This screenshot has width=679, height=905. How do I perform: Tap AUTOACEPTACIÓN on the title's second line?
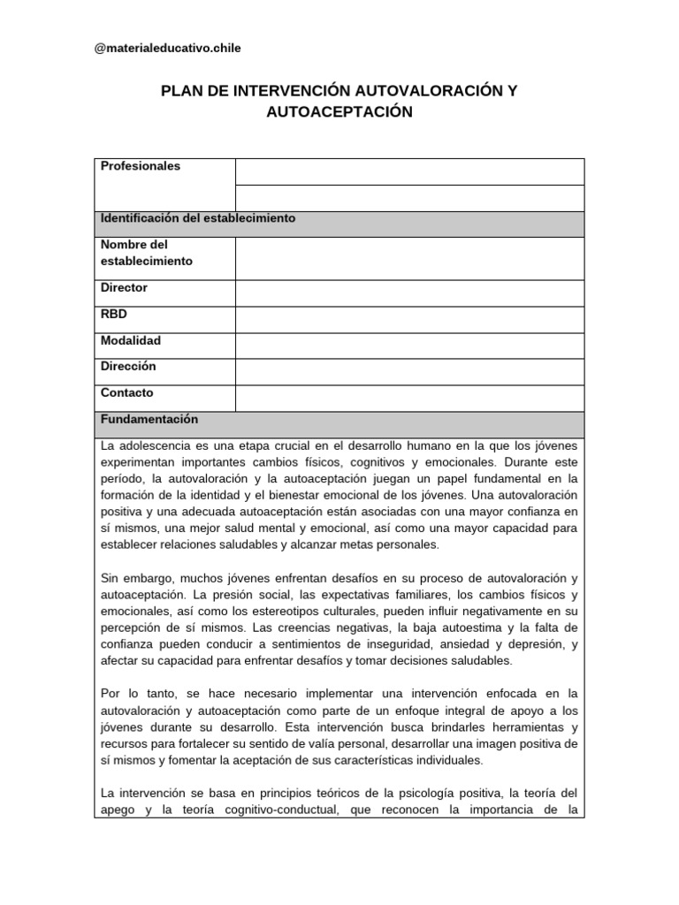(x=339, y=112)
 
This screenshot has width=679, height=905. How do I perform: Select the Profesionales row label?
(x=141, y=166)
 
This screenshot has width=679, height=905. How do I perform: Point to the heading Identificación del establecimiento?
(x=198, y=217)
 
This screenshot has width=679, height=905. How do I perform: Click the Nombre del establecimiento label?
(x=146, y=253)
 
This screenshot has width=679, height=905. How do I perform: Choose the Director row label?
(x=125, y=288)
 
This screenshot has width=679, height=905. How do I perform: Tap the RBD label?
(x=115, y=314)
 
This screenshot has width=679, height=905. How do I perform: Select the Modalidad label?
(x=131, y=340)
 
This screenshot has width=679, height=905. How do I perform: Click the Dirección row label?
(x=128, y=366)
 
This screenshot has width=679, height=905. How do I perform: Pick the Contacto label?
(x=127, y=392)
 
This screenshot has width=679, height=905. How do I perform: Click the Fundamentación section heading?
(x=149, y=419)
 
